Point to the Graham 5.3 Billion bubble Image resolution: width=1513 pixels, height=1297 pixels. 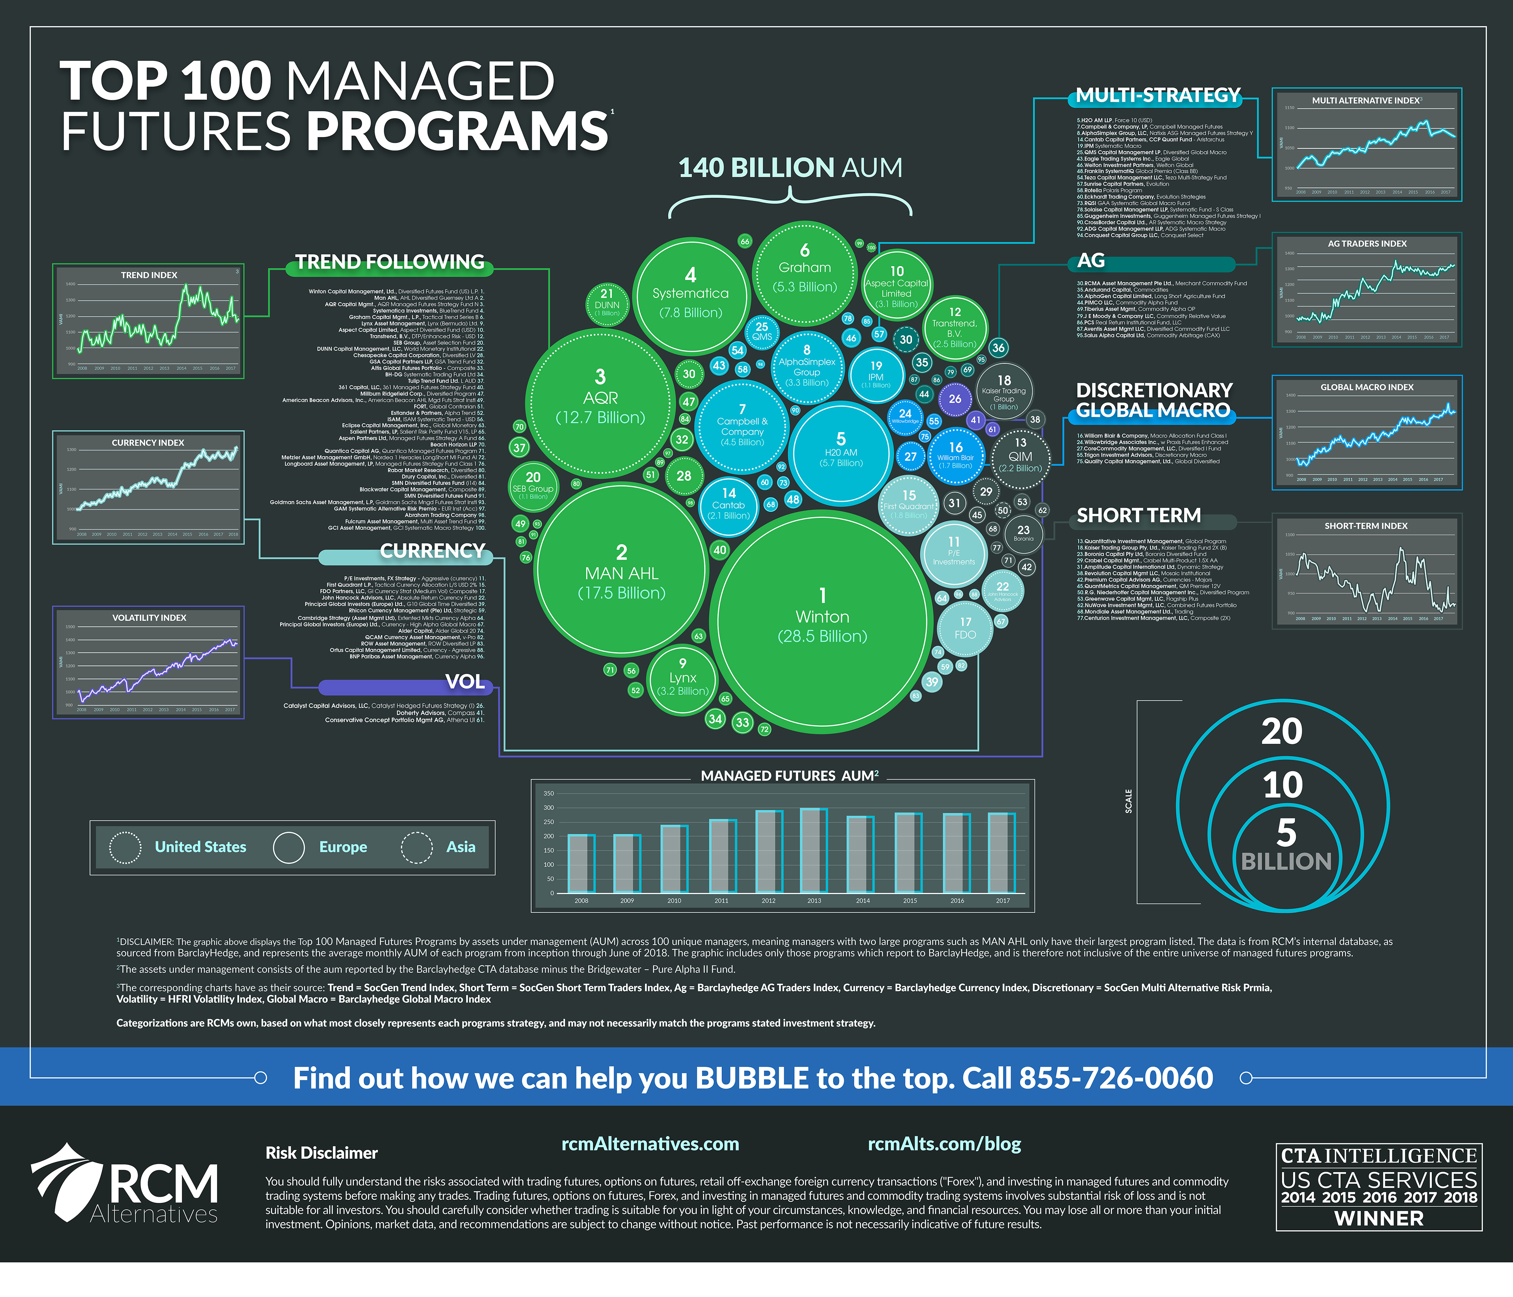805,270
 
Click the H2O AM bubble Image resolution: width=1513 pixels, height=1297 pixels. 841,453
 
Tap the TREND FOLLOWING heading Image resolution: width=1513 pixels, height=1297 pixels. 389,262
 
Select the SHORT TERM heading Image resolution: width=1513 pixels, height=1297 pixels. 1138,516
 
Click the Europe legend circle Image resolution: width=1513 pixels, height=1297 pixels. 289,847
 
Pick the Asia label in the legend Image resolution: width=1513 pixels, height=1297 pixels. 461,847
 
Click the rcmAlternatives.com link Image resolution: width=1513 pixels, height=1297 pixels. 650,1144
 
